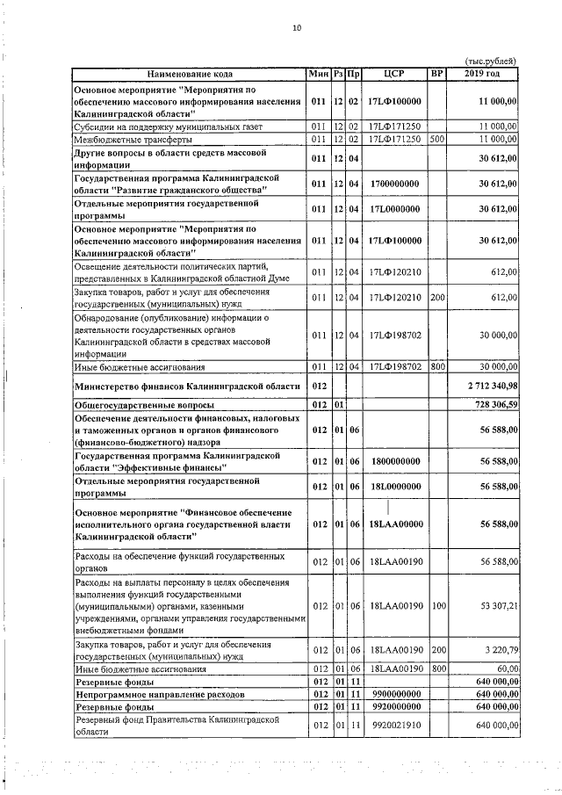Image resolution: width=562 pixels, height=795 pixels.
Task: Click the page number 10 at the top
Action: pyautogui.click(x=297, y=28)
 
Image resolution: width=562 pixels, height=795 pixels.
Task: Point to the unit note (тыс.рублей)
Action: pyautogui.click(x=490, y=61)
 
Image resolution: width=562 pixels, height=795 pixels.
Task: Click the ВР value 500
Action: pyautogui.click(x=437, y=139)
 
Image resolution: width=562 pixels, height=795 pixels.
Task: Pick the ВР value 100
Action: pyautogui.click(x=438, y=606)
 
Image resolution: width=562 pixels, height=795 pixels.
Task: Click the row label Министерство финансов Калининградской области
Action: pyautogui.click(x=187, y=386)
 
